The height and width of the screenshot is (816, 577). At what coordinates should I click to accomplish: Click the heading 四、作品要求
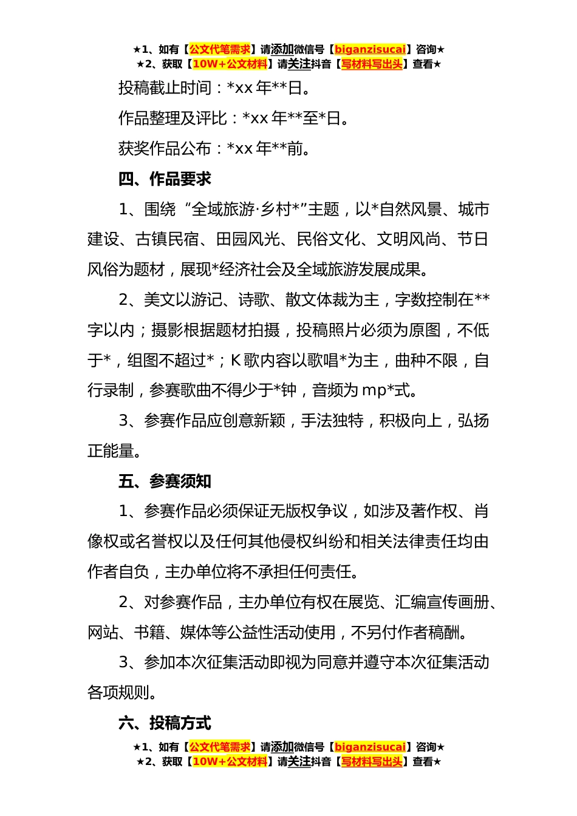pos(165,179)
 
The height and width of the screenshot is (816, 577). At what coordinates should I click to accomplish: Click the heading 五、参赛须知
pos(165,481)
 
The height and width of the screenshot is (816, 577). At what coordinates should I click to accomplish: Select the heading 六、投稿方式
pos(165,723)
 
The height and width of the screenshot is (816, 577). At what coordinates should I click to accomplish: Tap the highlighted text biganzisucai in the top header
pos(370,49)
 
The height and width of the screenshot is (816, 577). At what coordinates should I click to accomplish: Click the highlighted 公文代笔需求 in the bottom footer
pos(220,747)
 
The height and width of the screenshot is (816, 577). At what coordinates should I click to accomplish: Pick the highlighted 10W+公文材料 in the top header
pos(230,64)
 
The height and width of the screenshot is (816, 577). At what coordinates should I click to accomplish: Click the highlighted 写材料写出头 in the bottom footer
pos(372,761)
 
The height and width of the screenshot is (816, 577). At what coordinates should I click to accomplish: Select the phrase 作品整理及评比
pos(172,118)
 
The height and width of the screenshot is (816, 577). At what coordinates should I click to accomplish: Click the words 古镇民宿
pos(168,240)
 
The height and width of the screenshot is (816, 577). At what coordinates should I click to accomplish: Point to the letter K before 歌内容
pos(236,361)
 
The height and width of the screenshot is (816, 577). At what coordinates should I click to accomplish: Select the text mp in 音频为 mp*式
pos(374,391)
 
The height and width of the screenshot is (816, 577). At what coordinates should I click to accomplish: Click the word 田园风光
pos(248,240)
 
